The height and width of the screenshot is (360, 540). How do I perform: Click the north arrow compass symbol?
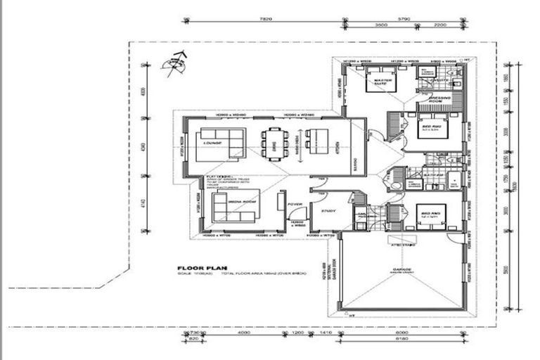(x=174, y=64)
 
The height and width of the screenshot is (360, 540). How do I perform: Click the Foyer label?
(x=295, y=205)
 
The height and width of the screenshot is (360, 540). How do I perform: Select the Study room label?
(x=328, y=210)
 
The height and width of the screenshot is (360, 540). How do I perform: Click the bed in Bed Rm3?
(x=430, y=215)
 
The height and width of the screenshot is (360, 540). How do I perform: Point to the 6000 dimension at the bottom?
(x=401, y=333)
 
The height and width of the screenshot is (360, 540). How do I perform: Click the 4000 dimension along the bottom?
(x=244, y=333)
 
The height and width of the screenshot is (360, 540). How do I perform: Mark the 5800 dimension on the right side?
(x=508, y=270)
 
